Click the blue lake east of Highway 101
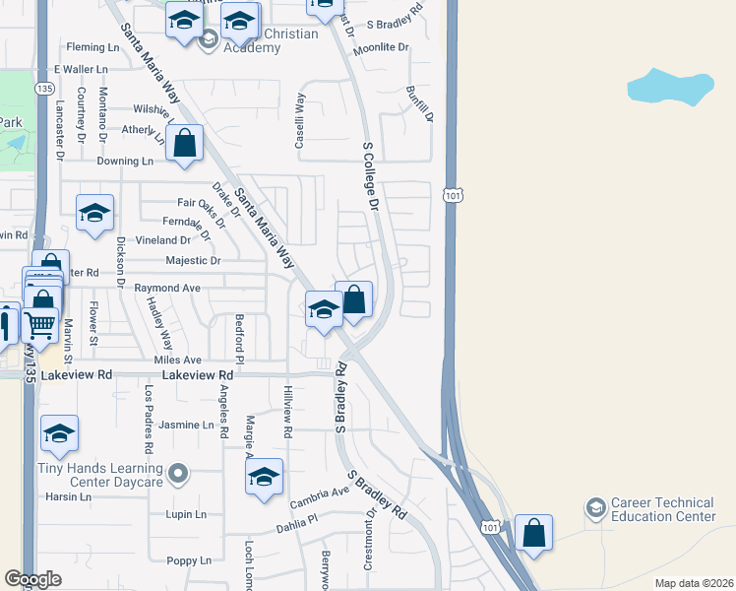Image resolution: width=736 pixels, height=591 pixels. coord(670,87)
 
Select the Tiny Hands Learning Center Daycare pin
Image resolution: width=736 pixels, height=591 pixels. coord(177,476)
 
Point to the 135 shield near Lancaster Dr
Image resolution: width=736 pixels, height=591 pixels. coord(43,89)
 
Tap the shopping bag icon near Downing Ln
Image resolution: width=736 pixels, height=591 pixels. coord(184,144)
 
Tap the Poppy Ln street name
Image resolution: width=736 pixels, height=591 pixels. coord(189,560)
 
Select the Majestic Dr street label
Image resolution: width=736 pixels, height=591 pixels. coord(194,261)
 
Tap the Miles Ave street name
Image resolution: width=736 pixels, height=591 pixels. coord(177,361)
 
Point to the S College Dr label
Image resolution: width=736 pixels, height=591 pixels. coord(371,177)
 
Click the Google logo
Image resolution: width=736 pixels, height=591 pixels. coord(32,579)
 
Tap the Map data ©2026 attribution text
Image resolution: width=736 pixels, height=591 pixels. coord(693,583)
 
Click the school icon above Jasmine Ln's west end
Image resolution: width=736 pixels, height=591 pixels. coord(59,433)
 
